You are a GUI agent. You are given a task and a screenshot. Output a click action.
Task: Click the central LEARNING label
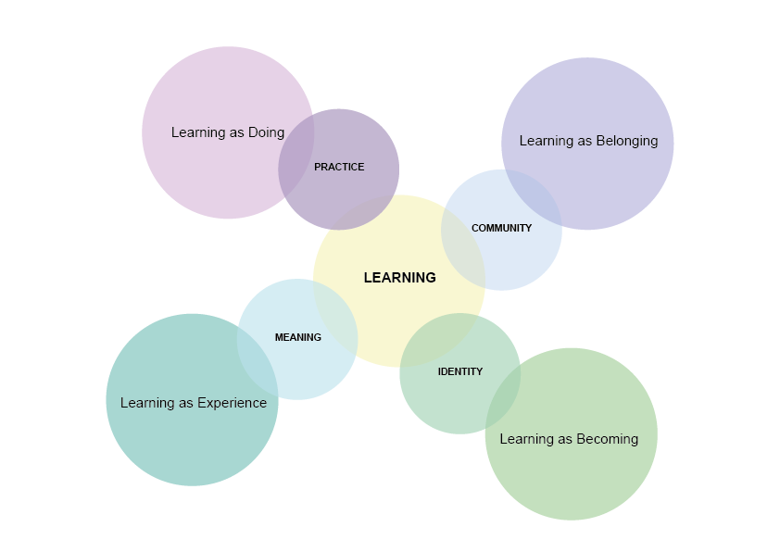[x=399, y=278]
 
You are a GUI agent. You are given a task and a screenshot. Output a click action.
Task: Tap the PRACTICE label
[x=339, y=168]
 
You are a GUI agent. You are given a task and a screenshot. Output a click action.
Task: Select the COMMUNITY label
[x=501, y=228]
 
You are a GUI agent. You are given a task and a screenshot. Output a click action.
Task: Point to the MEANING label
[x=297, y=337]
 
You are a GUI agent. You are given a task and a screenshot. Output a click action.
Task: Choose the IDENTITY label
[x=460, y=371]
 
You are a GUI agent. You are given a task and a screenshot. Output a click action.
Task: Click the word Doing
[x=266, y=132]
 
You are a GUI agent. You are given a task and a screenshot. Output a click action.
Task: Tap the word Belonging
[x=627, y=141]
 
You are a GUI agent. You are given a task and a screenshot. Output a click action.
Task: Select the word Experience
[x=232, y=403]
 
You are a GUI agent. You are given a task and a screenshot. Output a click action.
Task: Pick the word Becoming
[x=608, y=439]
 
